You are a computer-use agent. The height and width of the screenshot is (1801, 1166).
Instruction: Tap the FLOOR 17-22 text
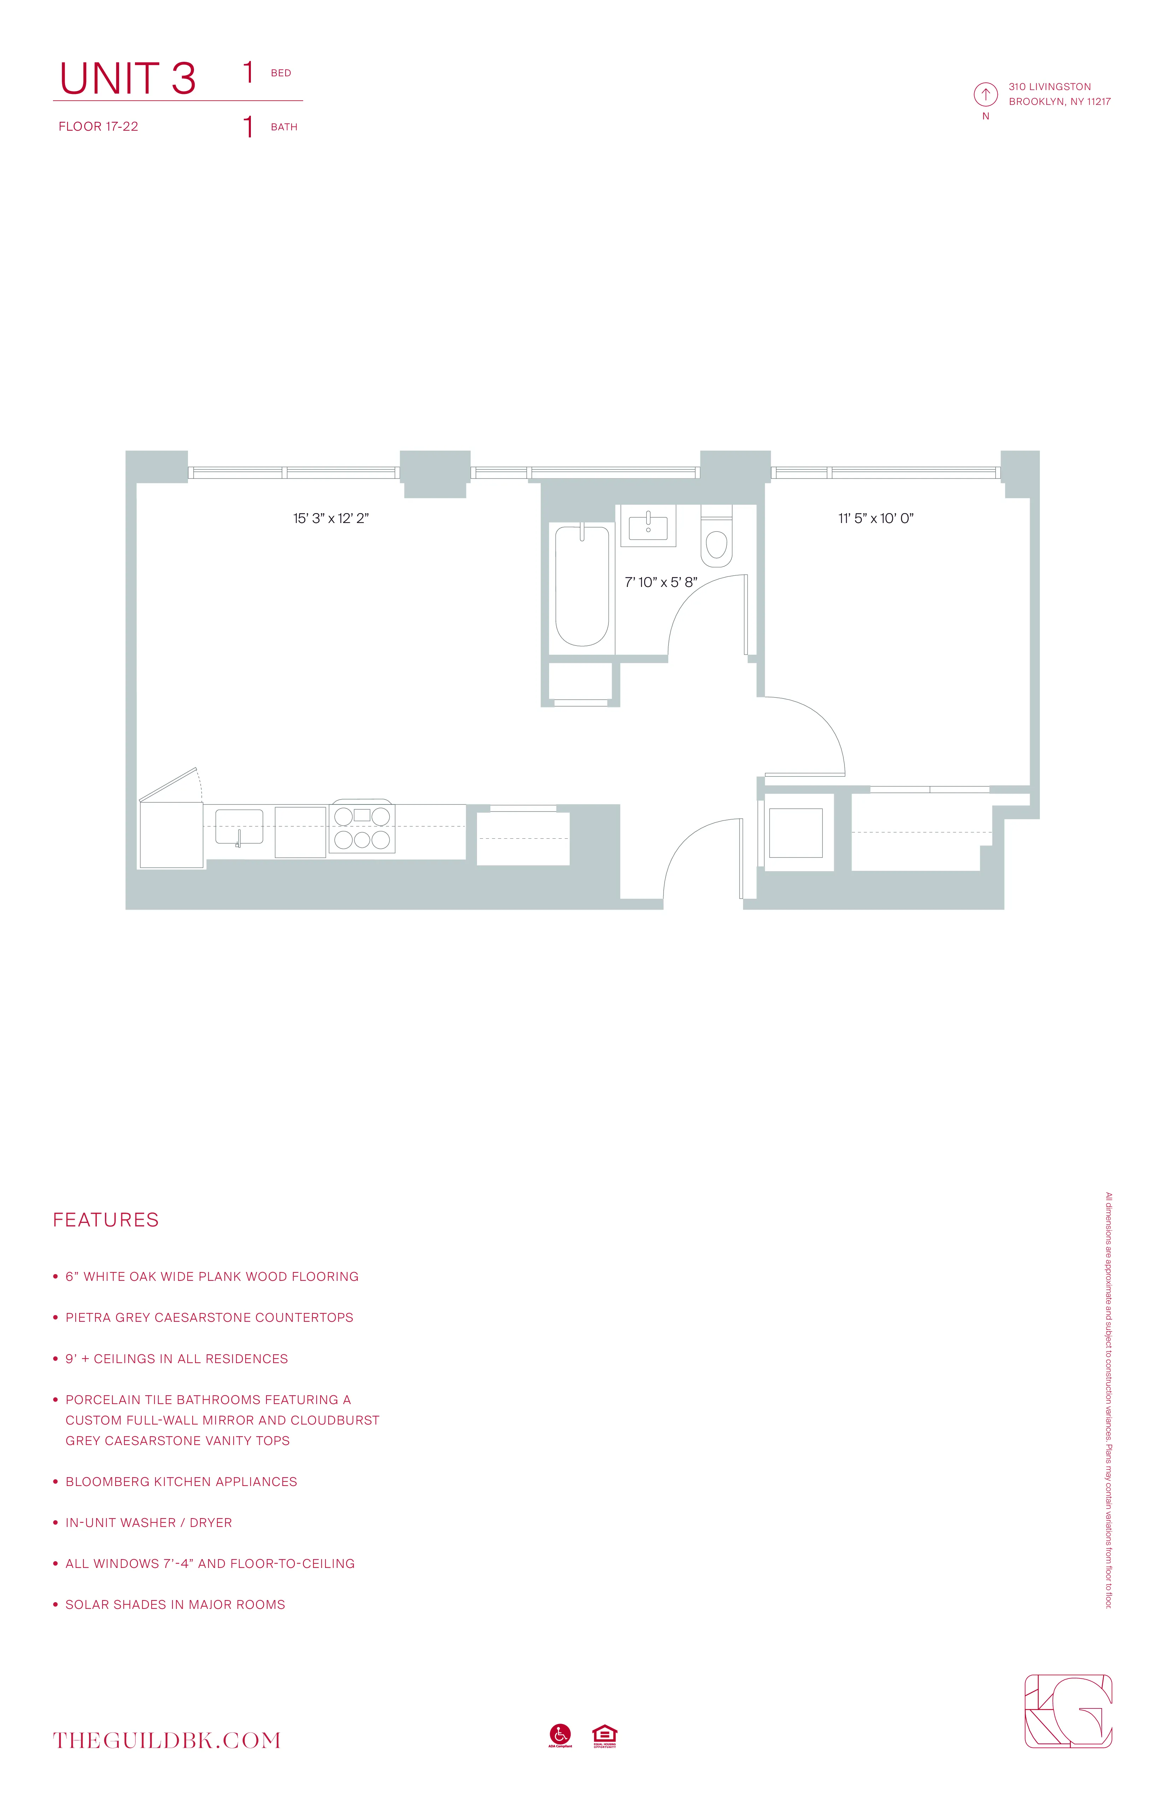[99, 126]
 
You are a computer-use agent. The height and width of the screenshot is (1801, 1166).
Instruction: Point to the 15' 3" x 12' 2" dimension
[331, 518]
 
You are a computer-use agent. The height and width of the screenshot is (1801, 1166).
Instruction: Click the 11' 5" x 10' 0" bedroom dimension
[875, 518]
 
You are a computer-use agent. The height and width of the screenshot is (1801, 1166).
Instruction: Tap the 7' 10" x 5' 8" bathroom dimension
[660, 582]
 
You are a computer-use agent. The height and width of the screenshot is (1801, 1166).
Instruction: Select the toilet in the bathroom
[716, 541]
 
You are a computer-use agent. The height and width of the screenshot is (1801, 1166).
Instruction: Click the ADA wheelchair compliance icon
[560, 1734]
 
